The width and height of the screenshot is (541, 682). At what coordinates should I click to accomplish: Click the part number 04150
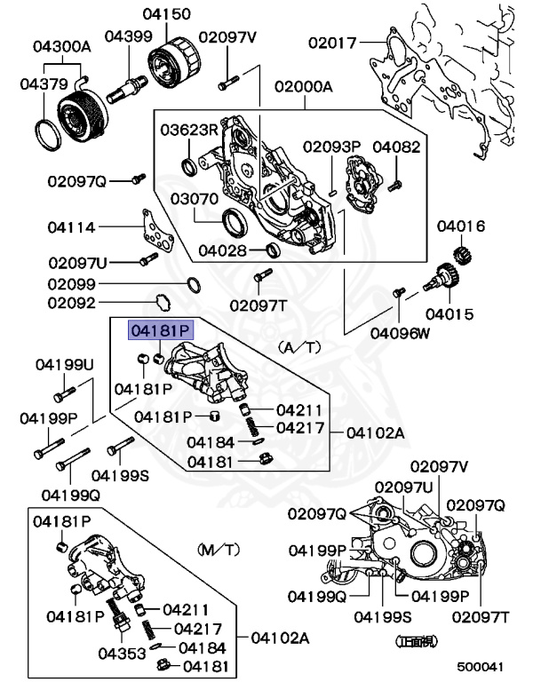click(x=165, y=16)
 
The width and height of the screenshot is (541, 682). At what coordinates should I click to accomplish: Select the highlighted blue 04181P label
click(x=161, y=330)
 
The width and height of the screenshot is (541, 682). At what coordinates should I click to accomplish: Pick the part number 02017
click(x=332, y=42)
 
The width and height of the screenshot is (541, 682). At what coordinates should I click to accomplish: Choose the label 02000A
click(x=303, y=86)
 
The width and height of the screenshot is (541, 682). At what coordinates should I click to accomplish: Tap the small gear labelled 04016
click(x=463, y=254)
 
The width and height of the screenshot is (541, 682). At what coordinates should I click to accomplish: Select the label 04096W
click(x=400, y=334)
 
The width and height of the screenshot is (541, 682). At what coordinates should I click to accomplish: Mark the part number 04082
click(x=396, y=146)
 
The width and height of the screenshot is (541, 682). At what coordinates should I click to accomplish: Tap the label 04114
click(x=71, y=227)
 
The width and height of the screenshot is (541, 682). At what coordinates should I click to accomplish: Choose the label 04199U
click(x=64, y=365)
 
